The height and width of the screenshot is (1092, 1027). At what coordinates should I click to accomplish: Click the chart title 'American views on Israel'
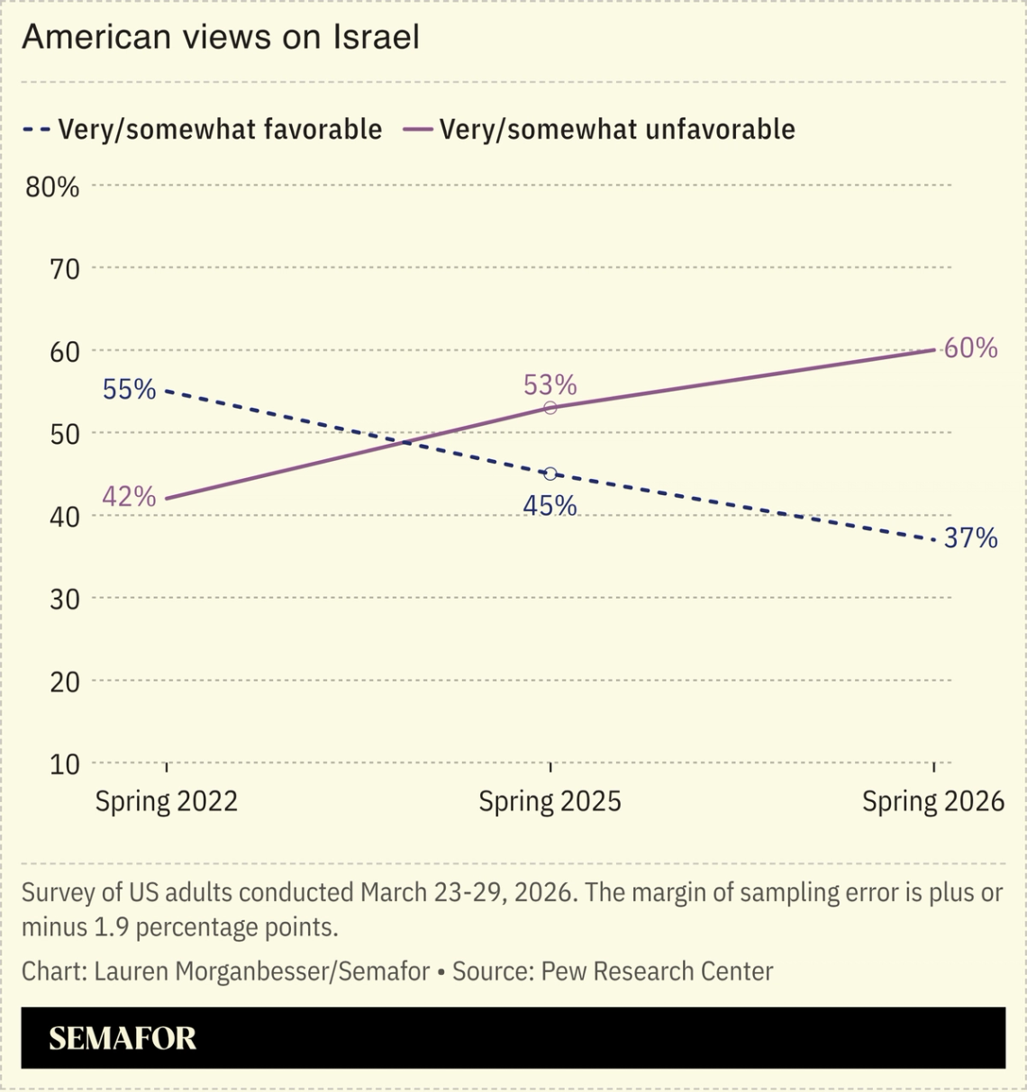point(221,37)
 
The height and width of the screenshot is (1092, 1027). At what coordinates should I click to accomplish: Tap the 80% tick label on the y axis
point(52,187)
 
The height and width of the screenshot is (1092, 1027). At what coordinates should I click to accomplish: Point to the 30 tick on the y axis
point(64,599)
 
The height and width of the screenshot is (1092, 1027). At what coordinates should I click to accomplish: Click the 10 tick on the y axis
point(64,764)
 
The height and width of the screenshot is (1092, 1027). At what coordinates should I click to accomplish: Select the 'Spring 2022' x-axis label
point(167,801)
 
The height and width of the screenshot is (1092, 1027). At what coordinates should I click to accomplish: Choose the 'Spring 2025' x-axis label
point(550,801)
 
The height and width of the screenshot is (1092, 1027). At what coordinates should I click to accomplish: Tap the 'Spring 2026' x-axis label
point(932,801)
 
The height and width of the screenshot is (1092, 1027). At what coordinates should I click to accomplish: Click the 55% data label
point(129,390)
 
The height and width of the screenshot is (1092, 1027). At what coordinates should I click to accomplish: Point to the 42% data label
point(129,496)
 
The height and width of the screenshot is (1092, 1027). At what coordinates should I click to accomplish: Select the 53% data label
point(550,385)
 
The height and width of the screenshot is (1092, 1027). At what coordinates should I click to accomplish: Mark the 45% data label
point(550,506)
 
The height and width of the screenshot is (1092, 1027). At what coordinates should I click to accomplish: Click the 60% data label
point(970,348)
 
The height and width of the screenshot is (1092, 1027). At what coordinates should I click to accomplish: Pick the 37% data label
point(970,538)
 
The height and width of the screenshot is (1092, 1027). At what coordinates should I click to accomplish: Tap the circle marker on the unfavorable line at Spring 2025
point(550,408)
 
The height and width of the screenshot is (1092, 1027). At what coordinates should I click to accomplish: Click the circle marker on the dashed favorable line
point(550,474)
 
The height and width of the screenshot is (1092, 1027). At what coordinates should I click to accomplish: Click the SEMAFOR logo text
point(123,1038)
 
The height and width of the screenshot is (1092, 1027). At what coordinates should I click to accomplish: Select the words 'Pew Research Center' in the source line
point(657,971)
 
